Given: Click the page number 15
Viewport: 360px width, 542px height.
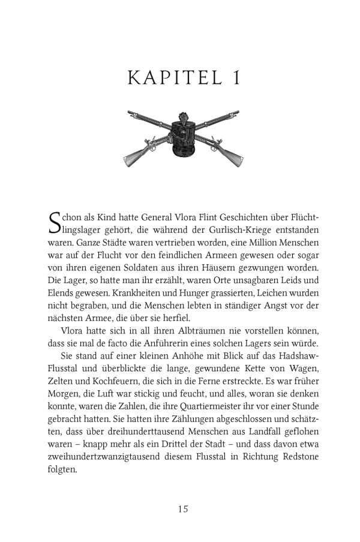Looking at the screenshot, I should point(183,509).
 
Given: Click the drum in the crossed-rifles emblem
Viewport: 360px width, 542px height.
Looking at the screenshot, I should point(182,137).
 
